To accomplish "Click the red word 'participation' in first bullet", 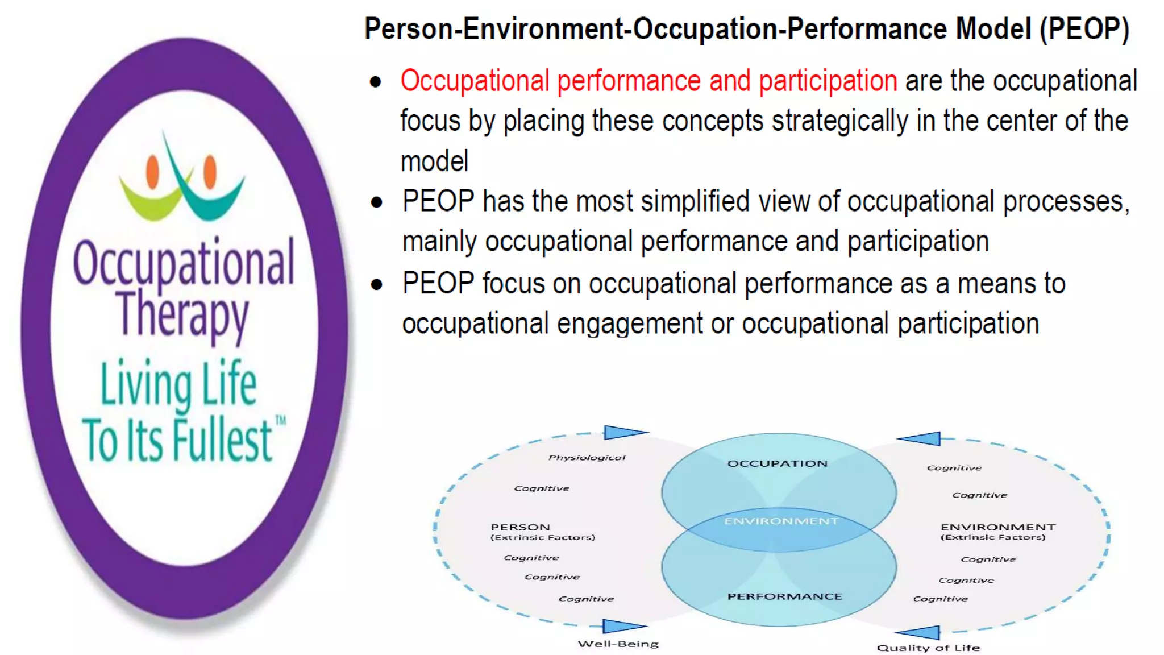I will point(828,81).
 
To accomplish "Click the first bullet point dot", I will point(375,82).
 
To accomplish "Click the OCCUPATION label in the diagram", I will point(778,463).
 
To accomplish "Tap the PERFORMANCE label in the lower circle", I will point(784,596).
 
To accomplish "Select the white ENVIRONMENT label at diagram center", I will point(781,521).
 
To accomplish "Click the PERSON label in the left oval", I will point(520,527).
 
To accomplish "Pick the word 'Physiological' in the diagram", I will point(587,457).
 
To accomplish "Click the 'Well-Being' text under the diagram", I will point(618,644).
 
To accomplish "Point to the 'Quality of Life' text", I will point(928,648).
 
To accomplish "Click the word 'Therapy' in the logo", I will point(182,314).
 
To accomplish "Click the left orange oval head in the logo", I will point(152,171).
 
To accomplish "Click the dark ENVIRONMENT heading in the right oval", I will point(997,527).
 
